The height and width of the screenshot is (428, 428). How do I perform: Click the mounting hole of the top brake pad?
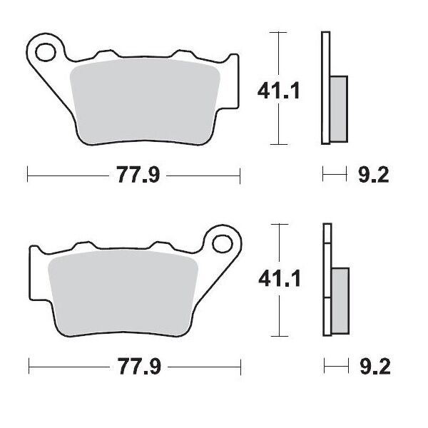point(48,51)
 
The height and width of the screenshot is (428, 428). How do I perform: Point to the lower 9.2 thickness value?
point(372,367)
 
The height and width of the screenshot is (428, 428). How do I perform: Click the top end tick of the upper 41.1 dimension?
point(279,32)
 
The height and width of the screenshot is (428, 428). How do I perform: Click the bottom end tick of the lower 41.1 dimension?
point(279,336)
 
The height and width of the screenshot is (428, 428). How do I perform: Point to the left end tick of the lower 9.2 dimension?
point(324,367)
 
